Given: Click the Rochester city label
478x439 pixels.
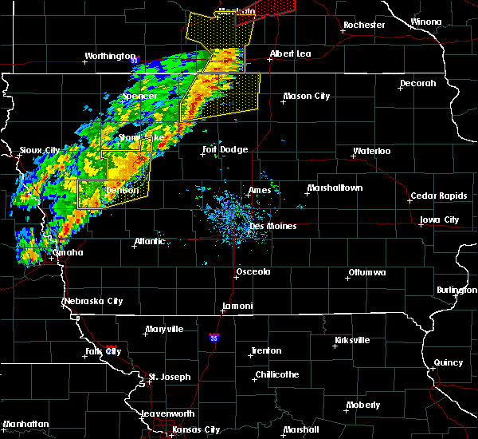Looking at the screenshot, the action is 364,25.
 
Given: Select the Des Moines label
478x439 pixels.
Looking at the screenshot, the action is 273,226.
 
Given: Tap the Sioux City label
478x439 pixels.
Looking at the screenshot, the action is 40,150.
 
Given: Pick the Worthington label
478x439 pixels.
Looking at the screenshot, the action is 111,56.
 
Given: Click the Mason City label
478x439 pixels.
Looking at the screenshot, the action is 307,96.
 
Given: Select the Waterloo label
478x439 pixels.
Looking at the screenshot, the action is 372,151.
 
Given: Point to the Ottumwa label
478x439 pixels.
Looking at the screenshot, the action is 366,274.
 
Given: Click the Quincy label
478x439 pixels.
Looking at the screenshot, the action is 449,362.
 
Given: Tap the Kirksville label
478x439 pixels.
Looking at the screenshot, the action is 351,340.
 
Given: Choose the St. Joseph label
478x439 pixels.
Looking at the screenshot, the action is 171,376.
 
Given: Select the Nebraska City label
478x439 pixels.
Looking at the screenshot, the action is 93,302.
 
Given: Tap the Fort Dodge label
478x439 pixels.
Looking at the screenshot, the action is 225,149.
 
